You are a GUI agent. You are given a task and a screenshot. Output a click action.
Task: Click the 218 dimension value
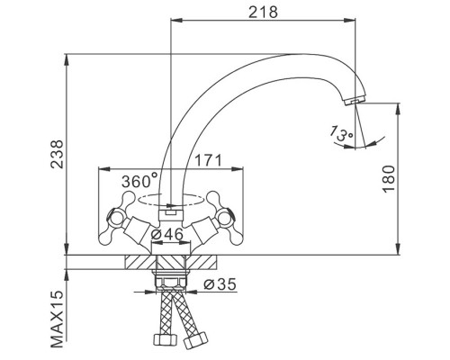263,12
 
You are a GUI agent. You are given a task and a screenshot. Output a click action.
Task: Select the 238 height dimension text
58,154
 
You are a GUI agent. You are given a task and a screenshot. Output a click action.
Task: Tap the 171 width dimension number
209,160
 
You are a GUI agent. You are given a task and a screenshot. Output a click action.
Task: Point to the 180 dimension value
389,179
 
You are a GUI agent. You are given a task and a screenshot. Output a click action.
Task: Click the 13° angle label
341,133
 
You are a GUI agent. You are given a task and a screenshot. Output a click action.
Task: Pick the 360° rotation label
139,181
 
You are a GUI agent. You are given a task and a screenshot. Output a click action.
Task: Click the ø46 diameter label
166,234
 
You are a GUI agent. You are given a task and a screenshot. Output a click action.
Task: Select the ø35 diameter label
220,284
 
